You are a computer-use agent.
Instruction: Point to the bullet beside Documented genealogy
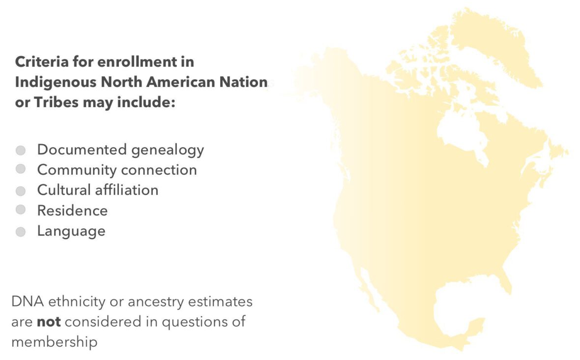pos(21,150)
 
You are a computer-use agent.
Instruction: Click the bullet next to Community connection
pos(21,170)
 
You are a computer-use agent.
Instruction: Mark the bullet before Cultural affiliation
pos(21,190)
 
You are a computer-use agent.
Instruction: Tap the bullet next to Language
pos(21,231)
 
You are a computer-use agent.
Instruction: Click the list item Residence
pos(72,210)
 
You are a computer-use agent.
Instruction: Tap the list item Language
pos(71,231)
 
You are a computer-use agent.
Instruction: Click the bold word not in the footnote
pos(49,322)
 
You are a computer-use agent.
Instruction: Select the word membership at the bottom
pos(54,342)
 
